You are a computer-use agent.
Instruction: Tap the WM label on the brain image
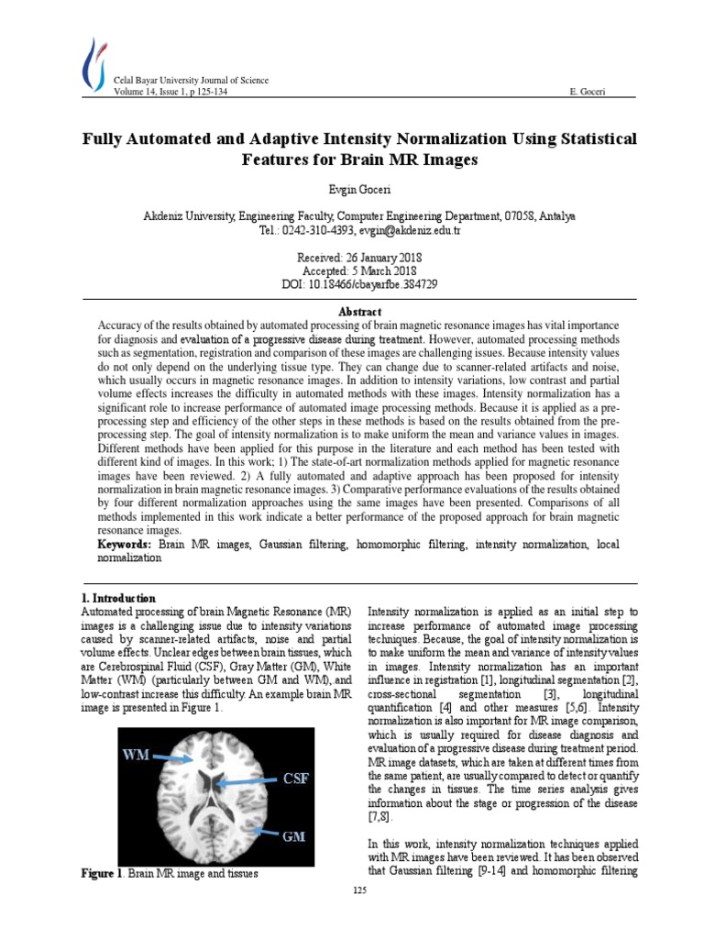coord(137,756)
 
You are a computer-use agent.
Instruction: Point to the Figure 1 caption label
coord(102,874)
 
